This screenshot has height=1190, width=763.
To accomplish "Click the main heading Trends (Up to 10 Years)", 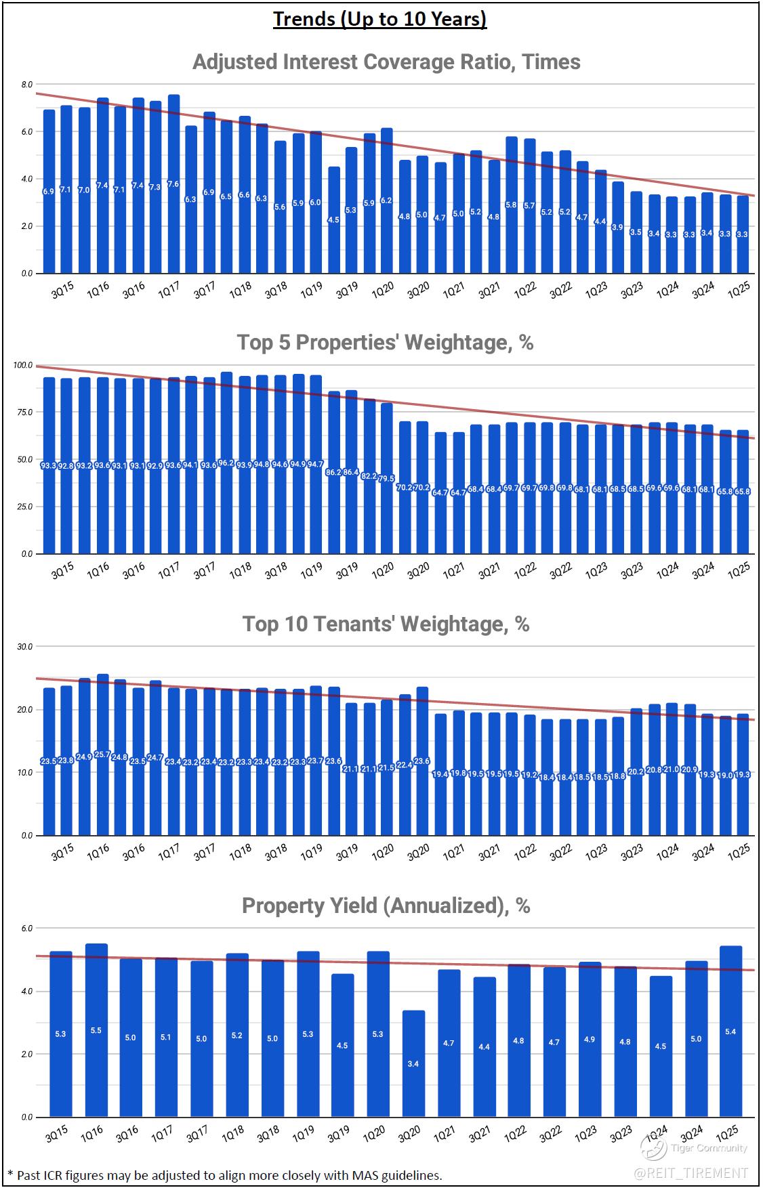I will click(x=380, y=19).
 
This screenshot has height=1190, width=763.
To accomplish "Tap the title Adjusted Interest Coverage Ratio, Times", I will click(x=386, y=62).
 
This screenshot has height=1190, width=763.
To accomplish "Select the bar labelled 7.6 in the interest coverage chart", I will click(x=173, y=184).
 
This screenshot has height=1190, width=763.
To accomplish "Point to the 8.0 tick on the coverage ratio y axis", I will click(x=27, y=85).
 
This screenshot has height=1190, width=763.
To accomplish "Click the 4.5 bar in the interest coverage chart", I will click(x=333, y=219).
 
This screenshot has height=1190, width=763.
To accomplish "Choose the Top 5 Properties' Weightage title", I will click(x=385, y=343).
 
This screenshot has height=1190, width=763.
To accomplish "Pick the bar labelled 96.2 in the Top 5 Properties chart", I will click(x=226, y=463).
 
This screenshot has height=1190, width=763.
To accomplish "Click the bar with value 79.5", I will click(x=386, y=478).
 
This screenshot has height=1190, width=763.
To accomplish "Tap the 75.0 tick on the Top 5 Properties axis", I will click(x=26, y=412).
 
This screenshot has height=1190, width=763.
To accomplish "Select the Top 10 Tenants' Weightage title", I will click(x=386, y=624).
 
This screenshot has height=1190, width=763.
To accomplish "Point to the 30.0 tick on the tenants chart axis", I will click(x=26, y=647).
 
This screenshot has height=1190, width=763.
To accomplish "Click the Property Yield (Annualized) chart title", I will click(x=386, y=906).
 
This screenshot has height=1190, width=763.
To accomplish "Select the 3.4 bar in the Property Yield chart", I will click(x=413, y=1063).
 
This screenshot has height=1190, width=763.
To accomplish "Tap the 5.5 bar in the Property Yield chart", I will click(x=96, y=1029).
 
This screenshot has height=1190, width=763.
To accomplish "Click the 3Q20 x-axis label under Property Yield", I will click(x=409, y=1134).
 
